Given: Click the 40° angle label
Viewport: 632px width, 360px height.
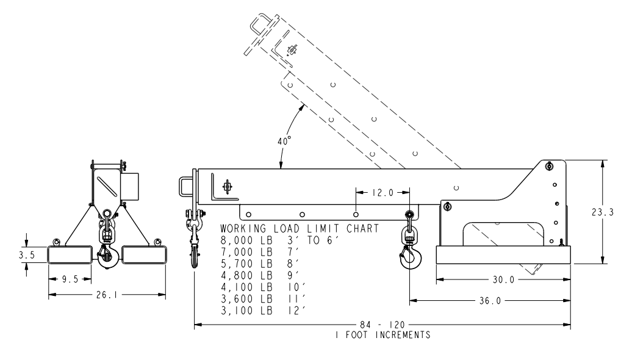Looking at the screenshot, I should point(284,141).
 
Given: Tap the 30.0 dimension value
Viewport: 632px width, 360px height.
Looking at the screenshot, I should point(504,280).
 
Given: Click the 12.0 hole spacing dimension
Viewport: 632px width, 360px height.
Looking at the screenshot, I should point(382,193).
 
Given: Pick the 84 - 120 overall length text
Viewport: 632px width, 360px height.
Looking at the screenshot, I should point(382,325).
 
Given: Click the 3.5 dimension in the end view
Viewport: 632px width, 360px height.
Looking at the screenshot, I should point(26,254).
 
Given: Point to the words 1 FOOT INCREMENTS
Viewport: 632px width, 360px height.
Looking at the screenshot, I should point(382,335).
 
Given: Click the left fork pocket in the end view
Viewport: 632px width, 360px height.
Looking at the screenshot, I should point(71,254).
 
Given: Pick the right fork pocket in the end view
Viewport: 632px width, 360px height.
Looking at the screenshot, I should point(144,254).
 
